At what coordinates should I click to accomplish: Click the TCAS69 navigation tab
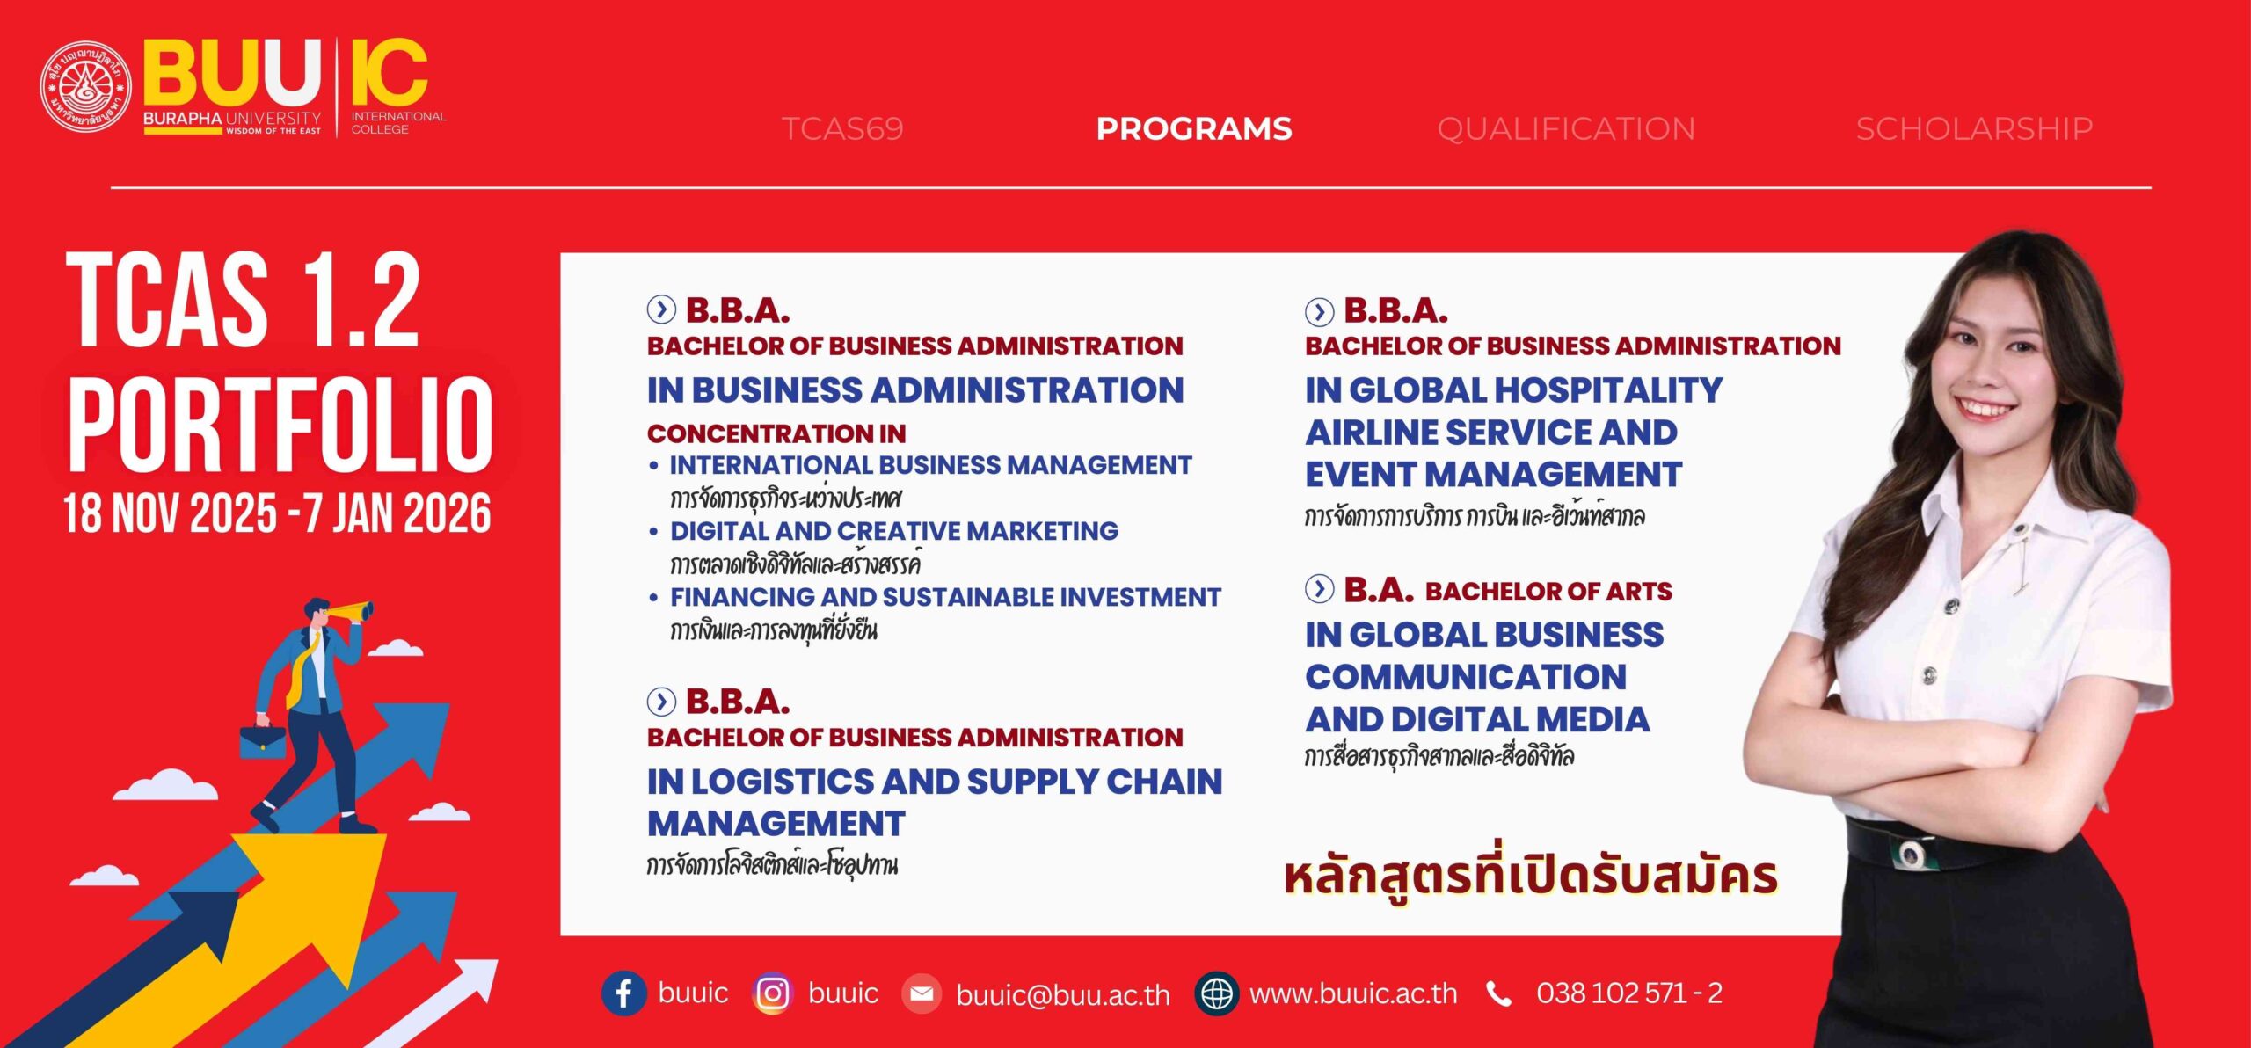click(842, 129)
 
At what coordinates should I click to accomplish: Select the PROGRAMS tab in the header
click(1194, 129)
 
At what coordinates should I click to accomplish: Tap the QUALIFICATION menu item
click(1566, 129)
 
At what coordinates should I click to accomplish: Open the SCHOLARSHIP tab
click(1974, 129)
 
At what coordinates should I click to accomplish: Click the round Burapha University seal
click(85, 87)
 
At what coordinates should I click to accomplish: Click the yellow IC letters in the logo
click(390, 72)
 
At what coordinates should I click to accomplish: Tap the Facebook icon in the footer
click(623, 993)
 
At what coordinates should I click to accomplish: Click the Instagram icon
click(773, 993)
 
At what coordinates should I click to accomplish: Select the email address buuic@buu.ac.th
click(1063, 994)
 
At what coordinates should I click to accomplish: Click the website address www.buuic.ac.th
click(1353, 994)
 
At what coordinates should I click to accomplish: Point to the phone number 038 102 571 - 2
click(1629, 993)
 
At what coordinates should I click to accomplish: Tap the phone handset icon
click(1498, 994)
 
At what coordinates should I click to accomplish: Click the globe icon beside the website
click(1217, 993)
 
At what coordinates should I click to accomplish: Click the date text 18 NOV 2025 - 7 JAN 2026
click(277, 513)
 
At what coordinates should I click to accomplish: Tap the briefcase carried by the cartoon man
click(262, 741)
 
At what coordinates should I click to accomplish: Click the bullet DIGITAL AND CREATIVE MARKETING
click(893, 531)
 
